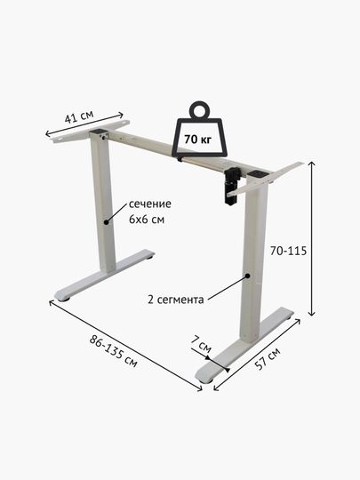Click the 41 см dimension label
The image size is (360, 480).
[x=79, y=117]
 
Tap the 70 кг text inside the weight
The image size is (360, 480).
[x=197, y=140]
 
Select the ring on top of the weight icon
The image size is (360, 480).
[x=200, y=109]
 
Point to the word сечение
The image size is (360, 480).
[x=150, y=204]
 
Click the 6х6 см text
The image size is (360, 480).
[x=147, y=220]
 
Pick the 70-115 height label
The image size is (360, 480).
[x=288, y=251]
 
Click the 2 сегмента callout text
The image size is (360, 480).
[x=176, y=299]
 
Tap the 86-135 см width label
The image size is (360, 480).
[x=114, y=351]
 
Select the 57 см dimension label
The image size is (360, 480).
[x=268, y=359]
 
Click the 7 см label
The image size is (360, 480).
[x=201, y=344]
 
